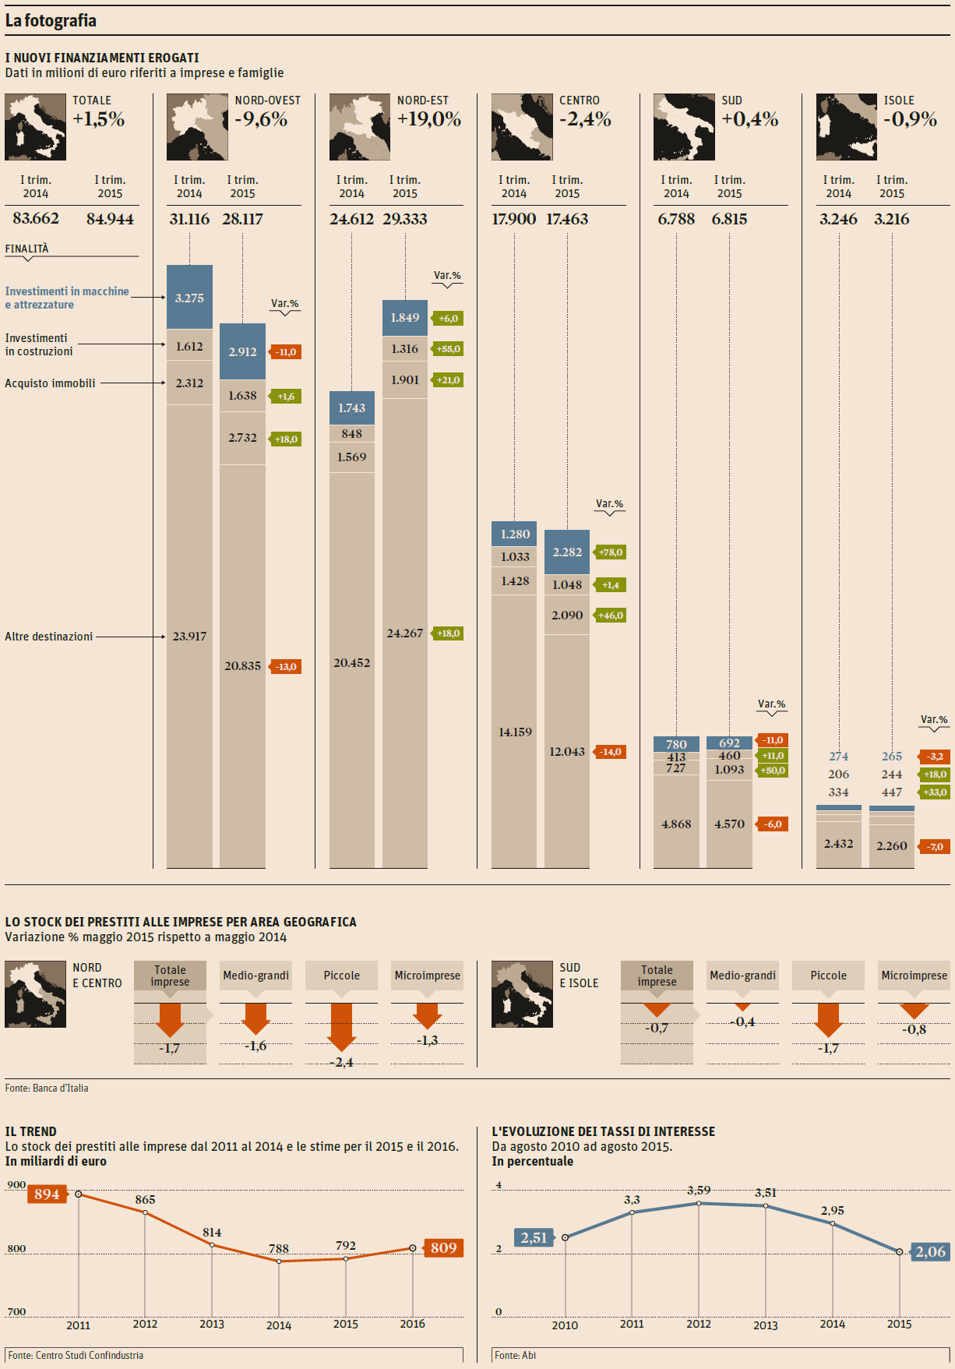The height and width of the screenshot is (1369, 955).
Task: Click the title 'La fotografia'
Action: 51,21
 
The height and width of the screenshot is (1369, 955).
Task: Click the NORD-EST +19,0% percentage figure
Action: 428,119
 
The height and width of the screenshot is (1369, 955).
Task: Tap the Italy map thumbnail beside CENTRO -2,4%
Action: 522,127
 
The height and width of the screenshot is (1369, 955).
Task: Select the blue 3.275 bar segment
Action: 189,297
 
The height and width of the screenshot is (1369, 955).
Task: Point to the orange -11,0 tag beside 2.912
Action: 285,352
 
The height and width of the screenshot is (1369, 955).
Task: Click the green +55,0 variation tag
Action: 448,349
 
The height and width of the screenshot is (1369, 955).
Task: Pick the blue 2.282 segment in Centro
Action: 567,552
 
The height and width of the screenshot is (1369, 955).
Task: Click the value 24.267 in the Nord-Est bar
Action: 404,633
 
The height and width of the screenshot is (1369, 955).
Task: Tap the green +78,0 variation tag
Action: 611,552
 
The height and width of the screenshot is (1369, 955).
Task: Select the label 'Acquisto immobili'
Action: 50,383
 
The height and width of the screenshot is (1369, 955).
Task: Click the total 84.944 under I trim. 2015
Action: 110,219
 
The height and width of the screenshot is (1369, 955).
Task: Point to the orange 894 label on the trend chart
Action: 47,1194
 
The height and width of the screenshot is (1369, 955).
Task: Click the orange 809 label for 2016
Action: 443,1248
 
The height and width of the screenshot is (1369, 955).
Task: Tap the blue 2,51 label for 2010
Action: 534,1238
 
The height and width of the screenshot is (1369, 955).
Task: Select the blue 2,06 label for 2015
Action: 930,1252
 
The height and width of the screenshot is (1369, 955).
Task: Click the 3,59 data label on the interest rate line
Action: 699,1191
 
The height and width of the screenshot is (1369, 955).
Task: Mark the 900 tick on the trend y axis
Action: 16,1185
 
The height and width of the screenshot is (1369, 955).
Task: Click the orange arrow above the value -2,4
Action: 341,1026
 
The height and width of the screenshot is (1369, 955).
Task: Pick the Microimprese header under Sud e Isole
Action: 914,976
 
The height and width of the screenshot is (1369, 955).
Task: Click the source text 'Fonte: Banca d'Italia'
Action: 47,1088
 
